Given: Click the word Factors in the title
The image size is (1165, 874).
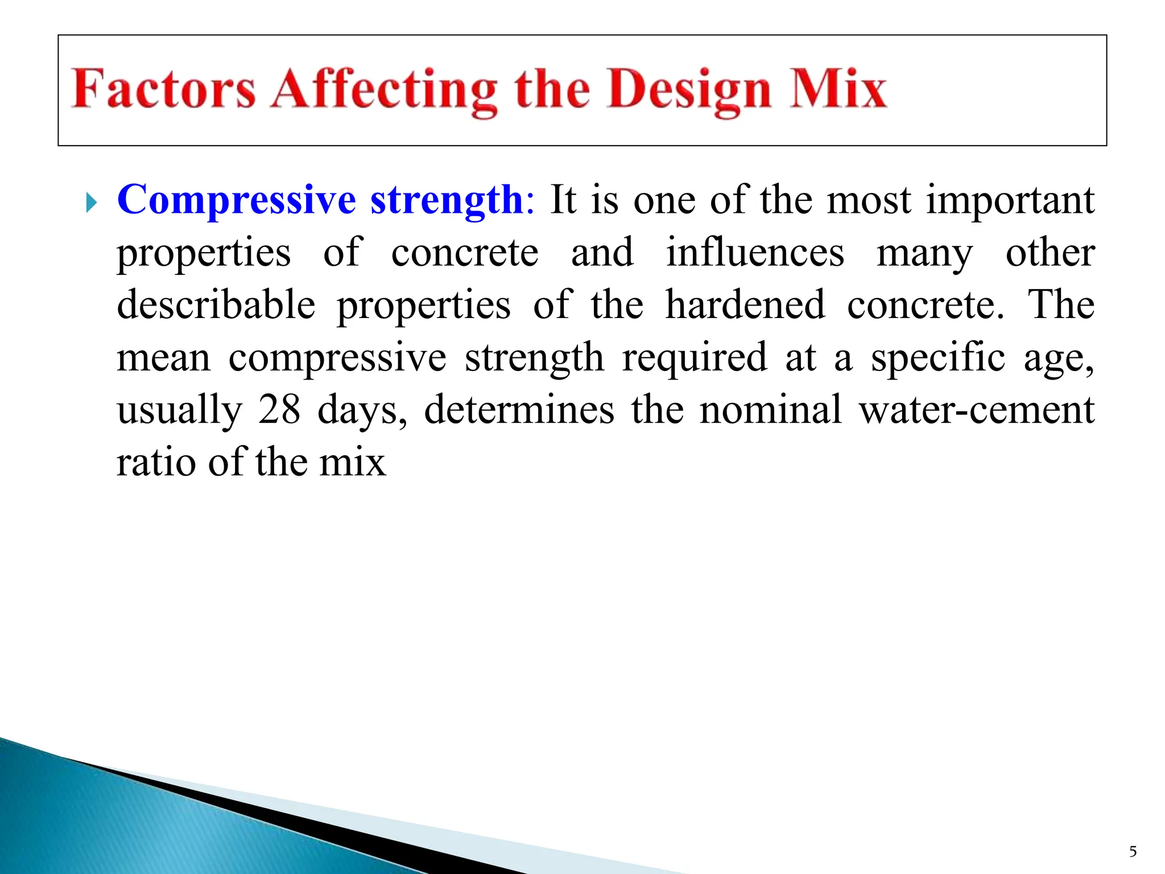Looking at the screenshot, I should pyautogui.click(x=163, y=89).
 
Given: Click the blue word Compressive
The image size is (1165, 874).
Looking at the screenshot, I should pyautogui.click(x=237, y=200).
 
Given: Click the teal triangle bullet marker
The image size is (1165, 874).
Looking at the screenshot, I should pyautogui.click(x=92, y=202).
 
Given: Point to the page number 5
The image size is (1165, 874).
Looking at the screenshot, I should pyautogui.click(x=1133, y=851).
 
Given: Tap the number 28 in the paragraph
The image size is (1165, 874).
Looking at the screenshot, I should pyautogui.click(x=279, y=410).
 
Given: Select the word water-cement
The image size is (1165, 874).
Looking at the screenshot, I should pyautogui.click(x=976, y=410).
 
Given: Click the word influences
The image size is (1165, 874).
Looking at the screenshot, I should pyautogui.click(x=755, y=252).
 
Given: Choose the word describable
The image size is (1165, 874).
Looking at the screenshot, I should pyautogui.click(x=216, y=304).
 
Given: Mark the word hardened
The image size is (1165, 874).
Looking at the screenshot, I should pyautogui.click(x=745, y=304).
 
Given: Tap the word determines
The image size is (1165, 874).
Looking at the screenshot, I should pyautogui.click(x=519, y=410).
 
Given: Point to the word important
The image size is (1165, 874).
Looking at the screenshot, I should pyautogui.click(x=1010, y=201).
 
